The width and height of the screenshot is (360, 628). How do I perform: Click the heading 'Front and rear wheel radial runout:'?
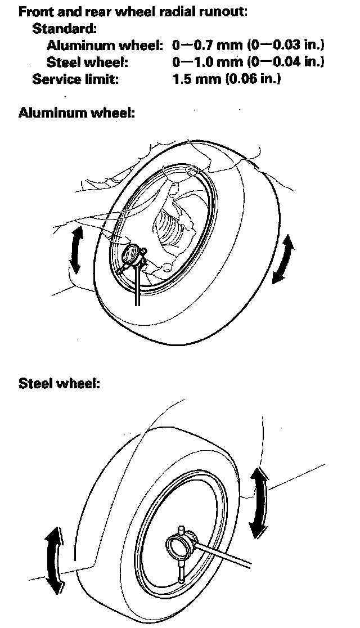click(x=133, y=12)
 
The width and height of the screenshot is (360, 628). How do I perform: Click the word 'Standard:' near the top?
click(x=65, y=28)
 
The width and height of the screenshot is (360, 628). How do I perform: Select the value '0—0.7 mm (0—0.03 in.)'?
click(x=249, y=45)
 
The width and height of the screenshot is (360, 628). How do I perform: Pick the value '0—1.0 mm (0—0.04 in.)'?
click(x=249, y=62)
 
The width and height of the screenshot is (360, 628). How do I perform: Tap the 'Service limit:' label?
click(x=75, y=79)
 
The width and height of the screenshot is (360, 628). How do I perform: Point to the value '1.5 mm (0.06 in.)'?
click(x=227, y=79)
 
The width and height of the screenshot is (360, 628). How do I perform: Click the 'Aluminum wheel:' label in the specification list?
click(x=105, y=45)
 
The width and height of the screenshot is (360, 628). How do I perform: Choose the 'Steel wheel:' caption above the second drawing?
click(x=59, y=384)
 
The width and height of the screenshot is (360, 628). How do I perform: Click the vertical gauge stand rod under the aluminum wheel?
click(x=137, y=287)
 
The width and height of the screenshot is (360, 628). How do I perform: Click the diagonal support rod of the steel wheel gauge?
click(x=225, y=554)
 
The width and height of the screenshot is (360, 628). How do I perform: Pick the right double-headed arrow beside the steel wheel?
click(x=259, y=501)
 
